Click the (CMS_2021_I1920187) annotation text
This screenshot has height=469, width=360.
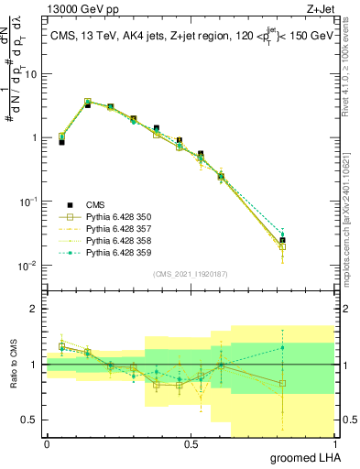click(x=191, y=274)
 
